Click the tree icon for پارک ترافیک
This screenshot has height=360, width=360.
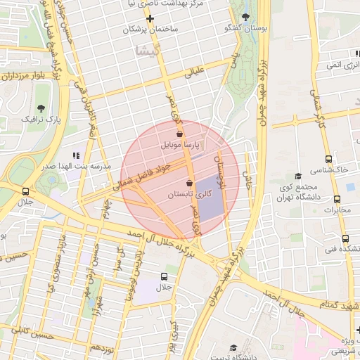click(41, 108)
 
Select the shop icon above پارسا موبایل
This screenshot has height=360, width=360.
click(180, 134)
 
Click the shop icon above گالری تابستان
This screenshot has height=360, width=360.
click(188, 184)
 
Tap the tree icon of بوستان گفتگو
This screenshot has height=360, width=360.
click(245, 17)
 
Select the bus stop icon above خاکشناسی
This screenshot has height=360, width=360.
click(328, 159)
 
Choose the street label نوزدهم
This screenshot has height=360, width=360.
click(102, 348)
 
